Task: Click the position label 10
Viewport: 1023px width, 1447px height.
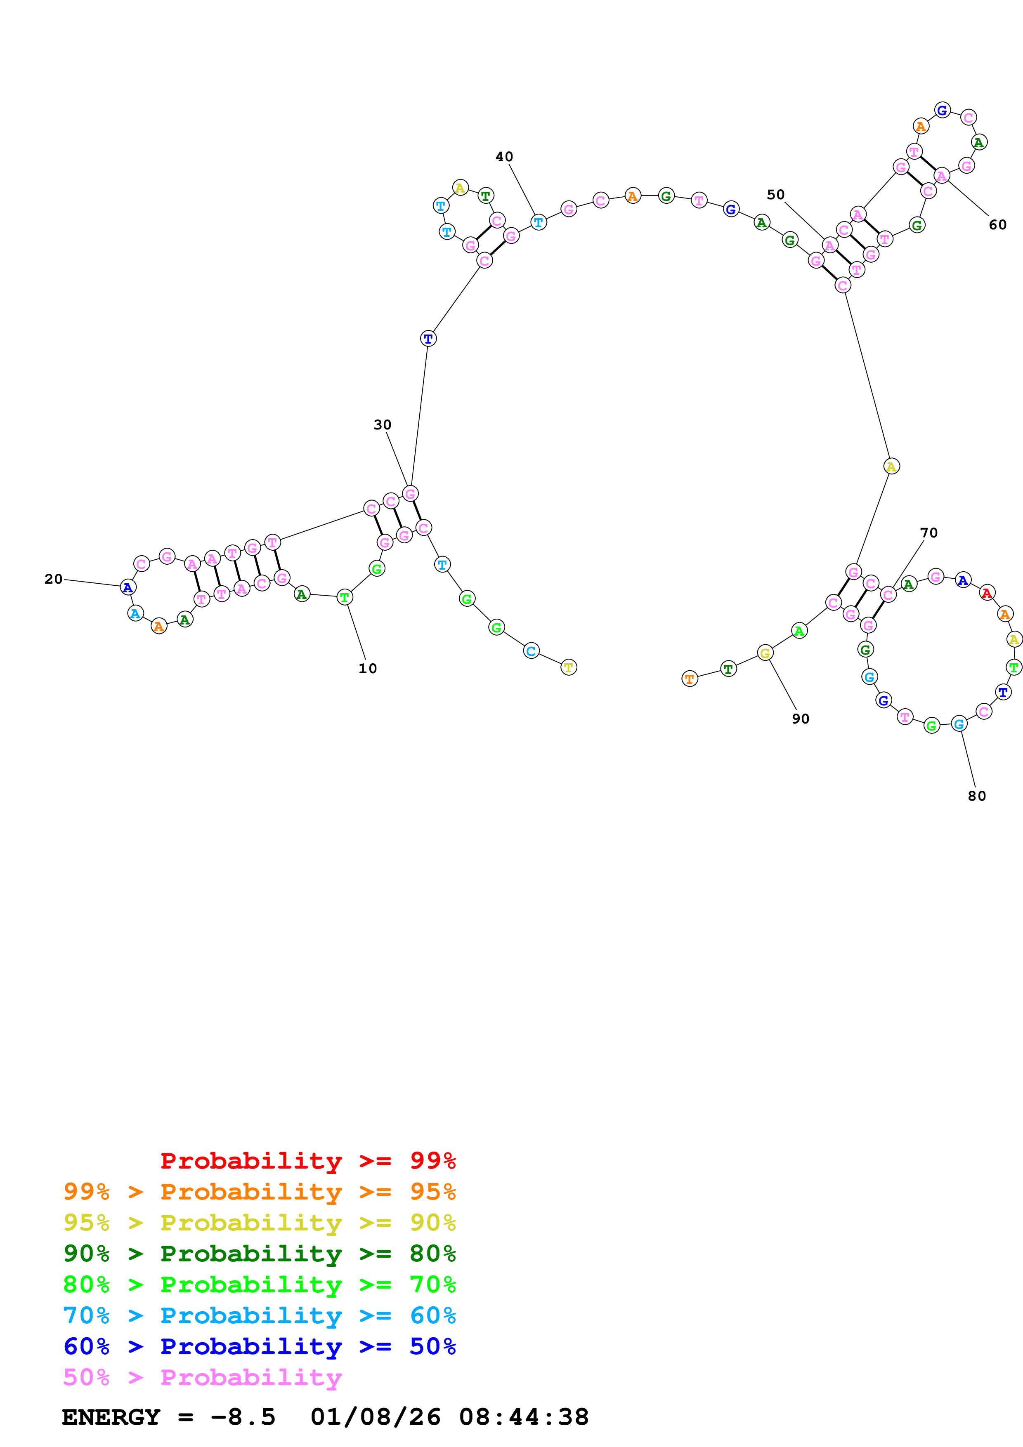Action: click(367, 669)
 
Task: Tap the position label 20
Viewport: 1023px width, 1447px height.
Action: click(54, 579)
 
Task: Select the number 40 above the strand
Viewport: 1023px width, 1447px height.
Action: click(504, 157)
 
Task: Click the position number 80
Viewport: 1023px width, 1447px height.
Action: click(977, 796)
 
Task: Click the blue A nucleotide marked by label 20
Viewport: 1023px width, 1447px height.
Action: click(128, 587)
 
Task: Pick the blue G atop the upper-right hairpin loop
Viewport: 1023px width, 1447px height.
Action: click(942, 110)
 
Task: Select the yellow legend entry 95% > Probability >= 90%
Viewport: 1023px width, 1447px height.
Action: click(260, 1223)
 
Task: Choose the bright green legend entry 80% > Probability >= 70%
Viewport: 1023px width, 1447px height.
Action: click(260, 1284)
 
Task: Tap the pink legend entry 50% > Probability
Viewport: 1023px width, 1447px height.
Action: click(202, 1377)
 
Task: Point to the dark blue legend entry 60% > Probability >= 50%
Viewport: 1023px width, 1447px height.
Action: click(260, 1346)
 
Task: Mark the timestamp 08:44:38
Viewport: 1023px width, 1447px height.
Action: click(524, 1417)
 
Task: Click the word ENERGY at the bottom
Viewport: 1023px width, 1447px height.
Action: click(111, 1417)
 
